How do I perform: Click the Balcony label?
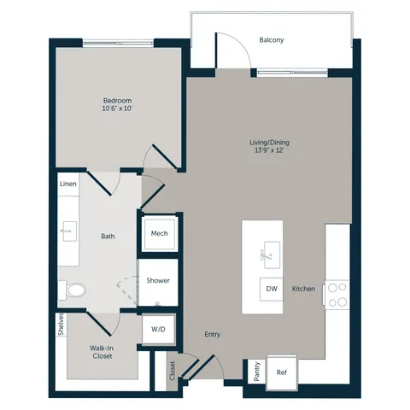272,40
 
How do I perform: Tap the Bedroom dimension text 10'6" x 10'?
118,108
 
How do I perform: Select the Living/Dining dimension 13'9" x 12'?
269,150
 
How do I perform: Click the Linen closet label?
68,184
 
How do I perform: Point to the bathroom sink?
69,231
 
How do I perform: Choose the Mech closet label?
160,233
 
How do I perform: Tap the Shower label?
158,281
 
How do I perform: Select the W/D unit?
158,330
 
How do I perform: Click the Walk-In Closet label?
102,352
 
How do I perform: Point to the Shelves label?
61,325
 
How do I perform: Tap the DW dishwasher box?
272,289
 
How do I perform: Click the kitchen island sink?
272,255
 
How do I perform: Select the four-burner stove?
337,295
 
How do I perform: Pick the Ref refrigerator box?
282,372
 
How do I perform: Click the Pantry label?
257,372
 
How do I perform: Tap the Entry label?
213,335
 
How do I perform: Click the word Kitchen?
303,289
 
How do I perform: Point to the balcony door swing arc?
241,43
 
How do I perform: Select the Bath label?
108,237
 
